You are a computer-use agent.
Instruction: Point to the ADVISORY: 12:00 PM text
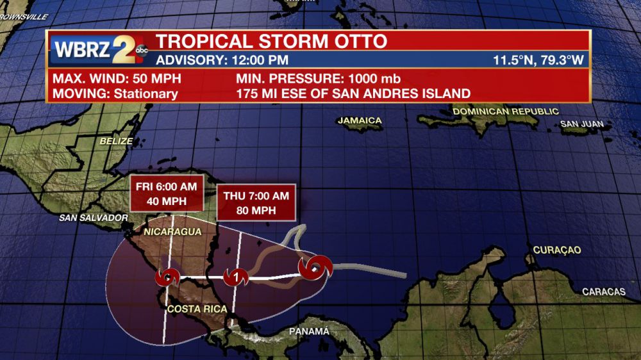tap(222, 61)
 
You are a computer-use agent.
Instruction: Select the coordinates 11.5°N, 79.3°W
tap(538, 61)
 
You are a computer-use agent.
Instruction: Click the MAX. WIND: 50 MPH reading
tap(117, 79)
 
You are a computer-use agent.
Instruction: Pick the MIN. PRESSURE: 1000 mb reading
tap(318, 79)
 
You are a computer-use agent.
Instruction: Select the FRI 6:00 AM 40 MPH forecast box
tap(167, 192)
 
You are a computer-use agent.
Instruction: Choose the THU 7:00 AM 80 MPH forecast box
tap(256, 202)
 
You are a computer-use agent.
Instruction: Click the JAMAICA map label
tap(360, 120)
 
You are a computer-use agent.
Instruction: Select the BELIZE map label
tap(117, 141)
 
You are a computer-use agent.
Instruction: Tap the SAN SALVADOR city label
tap(94, 218)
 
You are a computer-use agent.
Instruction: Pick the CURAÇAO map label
tap(556, 250)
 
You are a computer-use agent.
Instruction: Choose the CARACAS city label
tap(603, 291)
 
